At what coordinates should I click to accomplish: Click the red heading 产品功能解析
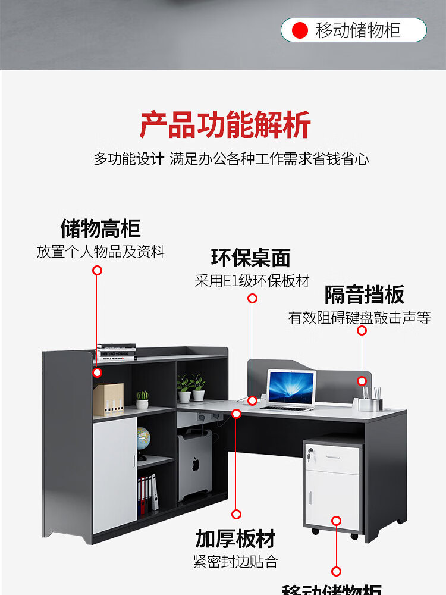point(225,125)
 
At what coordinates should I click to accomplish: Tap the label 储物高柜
point(100,228)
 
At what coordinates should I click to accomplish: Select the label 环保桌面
point(251,258)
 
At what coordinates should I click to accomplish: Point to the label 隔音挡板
point(365,295)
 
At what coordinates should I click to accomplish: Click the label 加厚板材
point(235,538)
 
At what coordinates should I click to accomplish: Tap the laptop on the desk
point(290,390)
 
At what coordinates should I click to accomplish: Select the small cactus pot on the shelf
point(142,400)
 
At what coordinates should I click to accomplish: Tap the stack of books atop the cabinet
point(117,352)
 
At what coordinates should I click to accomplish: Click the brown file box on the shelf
point(108,399)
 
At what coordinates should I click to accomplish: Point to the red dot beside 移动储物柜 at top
point(300,30)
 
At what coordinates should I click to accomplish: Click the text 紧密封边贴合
point(235,562)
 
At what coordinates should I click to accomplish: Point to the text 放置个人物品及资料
point(100,252)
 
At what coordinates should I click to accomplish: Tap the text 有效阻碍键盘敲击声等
point(359,318)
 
